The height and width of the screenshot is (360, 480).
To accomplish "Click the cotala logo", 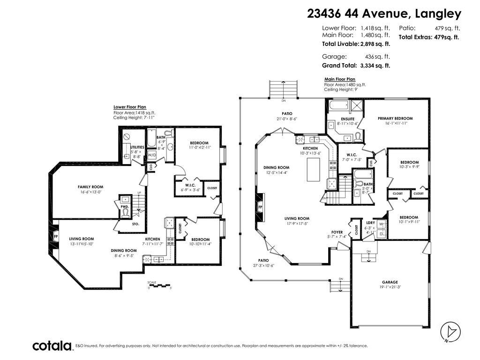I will coord(53,346).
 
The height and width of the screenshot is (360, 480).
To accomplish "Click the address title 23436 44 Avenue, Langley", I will coord(384,14).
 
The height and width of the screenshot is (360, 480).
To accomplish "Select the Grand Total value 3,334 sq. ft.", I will coord(375,66).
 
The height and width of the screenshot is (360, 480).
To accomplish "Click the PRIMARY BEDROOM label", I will coord(395,118).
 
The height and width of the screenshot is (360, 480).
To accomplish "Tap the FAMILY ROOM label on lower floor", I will coord(90,187).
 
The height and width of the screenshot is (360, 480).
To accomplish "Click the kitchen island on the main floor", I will coord(314,169).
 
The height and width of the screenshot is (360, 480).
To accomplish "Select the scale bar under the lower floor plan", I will coord(159,285).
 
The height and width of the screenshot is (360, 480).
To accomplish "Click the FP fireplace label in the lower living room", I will coord(56,236).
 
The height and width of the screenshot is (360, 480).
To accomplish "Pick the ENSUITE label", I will coord(347,119).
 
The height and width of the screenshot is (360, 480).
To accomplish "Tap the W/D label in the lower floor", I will coord(152,155).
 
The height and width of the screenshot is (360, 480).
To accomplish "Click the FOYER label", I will coord(337,232).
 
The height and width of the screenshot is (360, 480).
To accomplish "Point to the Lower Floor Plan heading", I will coord(129,107).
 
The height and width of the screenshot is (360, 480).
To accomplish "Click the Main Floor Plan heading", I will coord(339,79).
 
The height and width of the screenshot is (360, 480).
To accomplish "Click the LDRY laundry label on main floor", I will coord(370,223).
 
